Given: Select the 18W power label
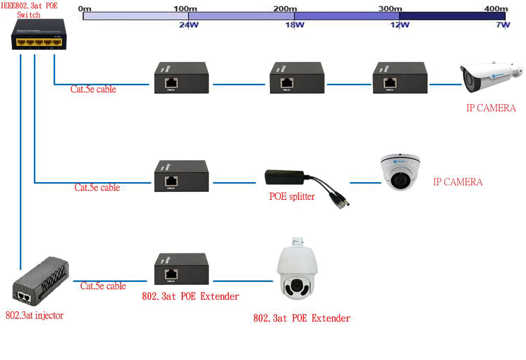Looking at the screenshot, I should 294,24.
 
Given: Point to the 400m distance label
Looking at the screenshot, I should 495,9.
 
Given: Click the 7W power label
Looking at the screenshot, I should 503,24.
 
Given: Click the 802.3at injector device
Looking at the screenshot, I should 40,286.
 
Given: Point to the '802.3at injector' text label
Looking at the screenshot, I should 34,315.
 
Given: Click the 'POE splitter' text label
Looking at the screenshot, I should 291,197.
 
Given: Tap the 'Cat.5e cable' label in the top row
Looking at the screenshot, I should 93,89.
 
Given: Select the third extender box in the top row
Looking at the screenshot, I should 400,78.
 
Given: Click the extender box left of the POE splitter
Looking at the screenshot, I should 181,176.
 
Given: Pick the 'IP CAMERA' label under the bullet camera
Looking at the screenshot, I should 491,108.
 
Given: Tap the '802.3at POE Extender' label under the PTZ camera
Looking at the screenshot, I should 302,318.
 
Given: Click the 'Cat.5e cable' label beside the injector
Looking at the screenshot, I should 103,286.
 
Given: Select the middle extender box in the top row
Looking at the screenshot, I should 297,78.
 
